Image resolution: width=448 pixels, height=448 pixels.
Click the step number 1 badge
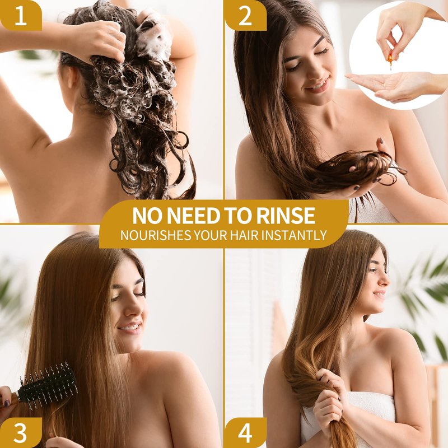pos(21,15)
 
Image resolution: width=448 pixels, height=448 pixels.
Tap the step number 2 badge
pos(245,15)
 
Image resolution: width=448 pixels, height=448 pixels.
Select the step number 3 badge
pos(21,432)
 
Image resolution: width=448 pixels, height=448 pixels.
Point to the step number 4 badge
pos(245,432)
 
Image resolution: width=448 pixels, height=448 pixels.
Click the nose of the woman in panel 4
pos(385,280)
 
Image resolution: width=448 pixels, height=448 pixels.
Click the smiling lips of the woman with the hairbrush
pos(129,327)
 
